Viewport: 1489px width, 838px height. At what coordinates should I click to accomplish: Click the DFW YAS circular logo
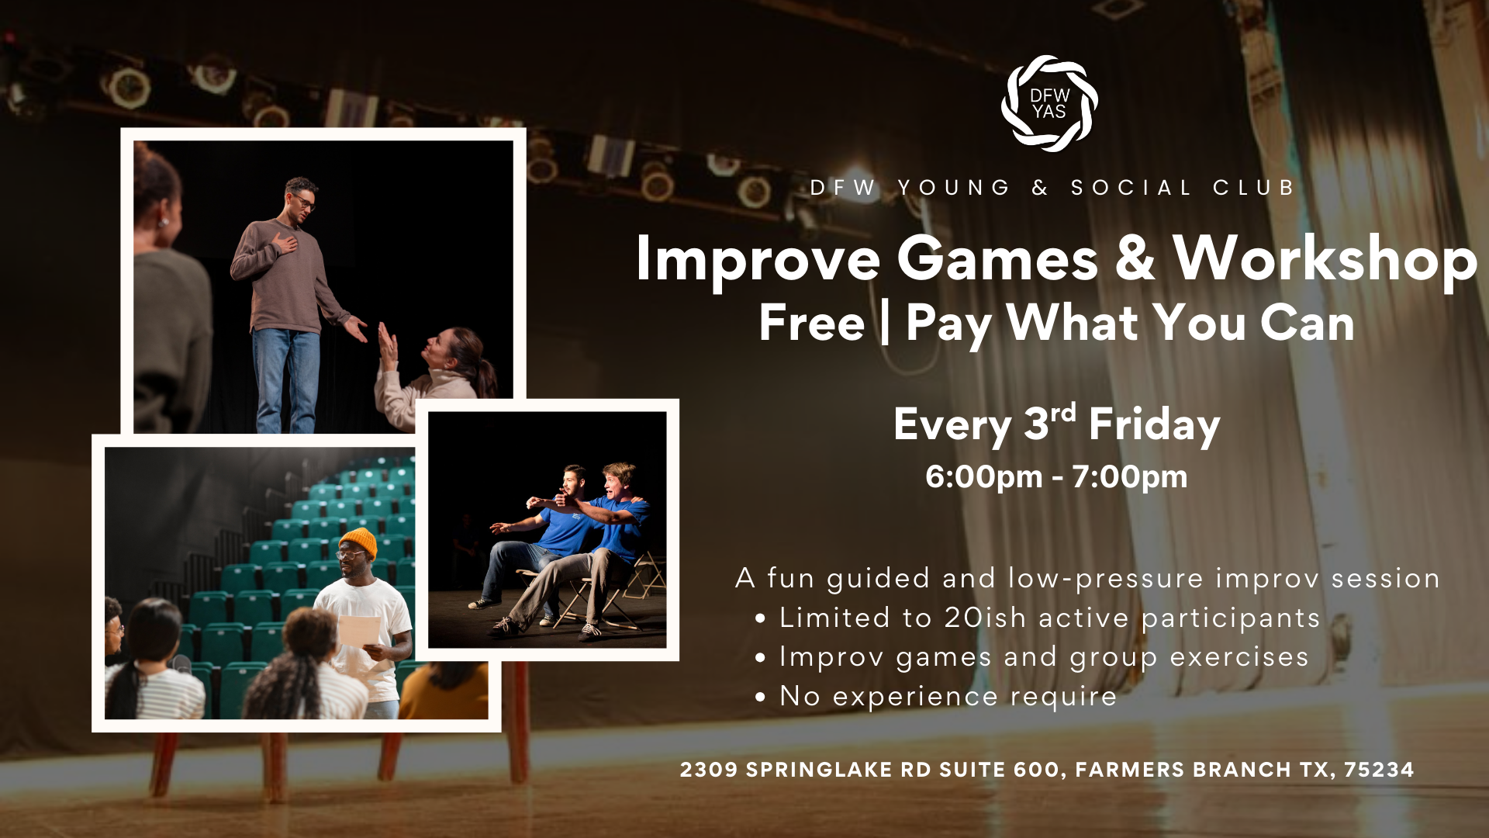(1049, 103)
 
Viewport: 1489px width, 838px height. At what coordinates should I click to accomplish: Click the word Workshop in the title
(1325, 259)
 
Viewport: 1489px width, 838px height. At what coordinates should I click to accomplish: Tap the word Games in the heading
(997, 259)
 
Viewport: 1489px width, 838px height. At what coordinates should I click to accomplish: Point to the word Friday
(1154, 425)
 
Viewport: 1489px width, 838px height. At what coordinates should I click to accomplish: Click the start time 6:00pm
(983, 476)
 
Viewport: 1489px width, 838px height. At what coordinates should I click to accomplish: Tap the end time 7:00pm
(1129, 476)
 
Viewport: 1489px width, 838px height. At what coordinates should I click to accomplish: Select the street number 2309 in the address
(709, 770)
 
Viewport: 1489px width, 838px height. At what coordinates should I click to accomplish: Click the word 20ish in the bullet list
(985, 618)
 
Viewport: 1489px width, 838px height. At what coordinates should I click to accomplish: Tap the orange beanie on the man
(359, 540)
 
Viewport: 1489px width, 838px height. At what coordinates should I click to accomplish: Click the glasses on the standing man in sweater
(303, 202)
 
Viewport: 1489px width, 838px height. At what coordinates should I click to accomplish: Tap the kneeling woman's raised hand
(387, 344)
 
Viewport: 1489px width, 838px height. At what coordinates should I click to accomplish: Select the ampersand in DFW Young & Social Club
(1040, 188)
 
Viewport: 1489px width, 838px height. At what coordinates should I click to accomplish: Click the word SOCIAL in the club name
(1131, 188)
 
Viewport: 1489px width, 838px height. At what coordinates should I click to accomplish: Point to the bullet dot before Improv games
(760, 658)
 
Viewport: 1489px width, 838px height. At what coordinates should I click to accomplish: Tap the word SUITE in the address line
(972, 770)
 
